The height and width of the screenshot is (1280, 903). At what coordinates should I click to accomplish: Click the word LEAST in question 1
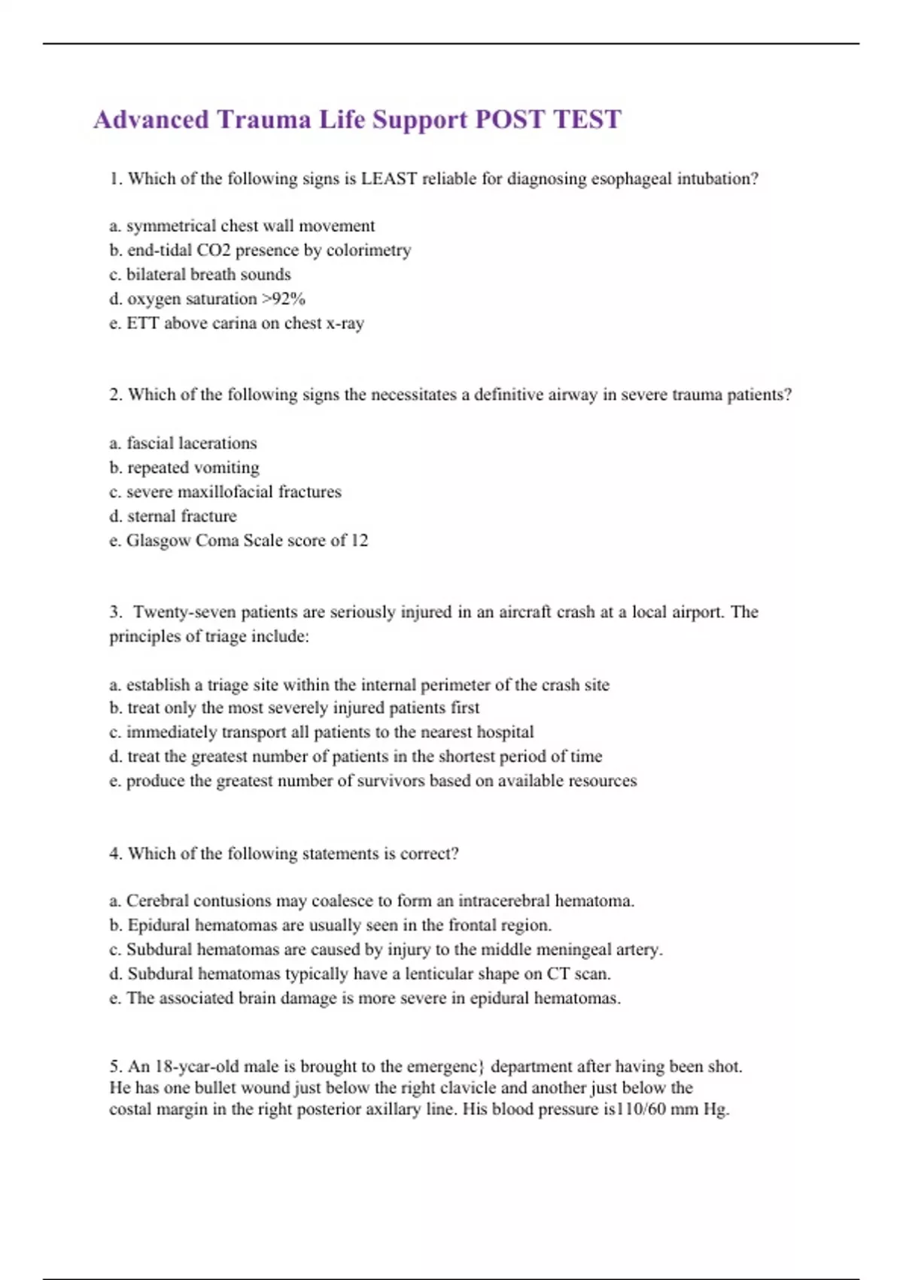[x=388, y=179]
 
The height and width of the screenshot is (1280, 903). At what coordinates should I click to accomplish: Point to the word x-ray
[x=345, y=323]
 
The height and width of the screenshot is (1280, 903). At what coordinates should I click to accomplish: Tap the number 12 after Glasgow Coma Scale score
[x=359, y=541]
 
